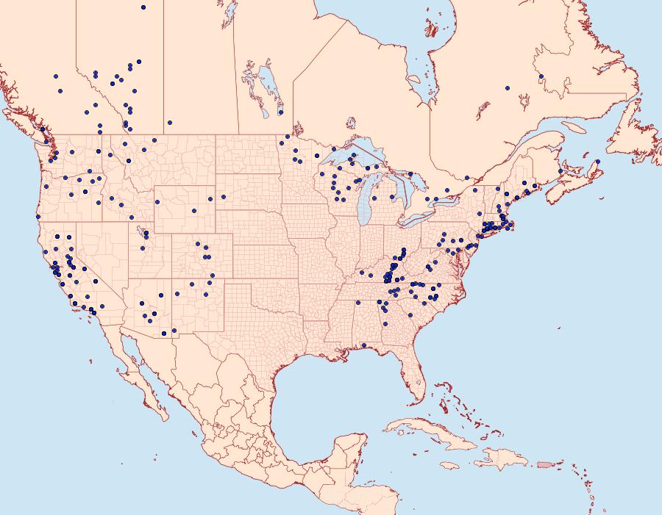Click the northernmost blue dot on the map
click(x=143, y=7)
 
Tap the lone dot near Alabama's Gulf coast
click(x=364, y=345)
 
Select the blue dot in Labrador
click(x=541, y=76)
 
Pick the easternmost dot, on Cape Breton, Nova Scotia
click(x=598, y=162)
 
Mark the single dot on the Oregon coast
click(x=36, y=217)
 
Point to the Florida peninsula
click(x=416, y=378)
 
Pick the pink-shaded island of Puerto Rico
click(x=545, y=464)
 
